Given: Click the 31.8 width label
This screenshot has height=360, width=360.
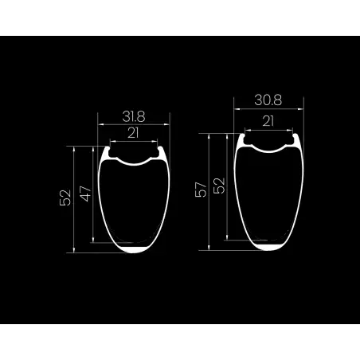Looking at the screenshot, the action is (x=134, y=116).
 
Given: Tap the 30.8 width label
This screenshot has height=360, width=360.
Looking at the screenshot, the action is (x=268, y=100).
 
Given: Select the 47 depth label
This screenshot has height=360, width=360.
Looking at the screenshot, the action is (x=86, y=194).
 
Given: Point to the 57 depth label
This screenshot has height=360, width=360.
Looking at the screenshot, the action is (x=201, y=190).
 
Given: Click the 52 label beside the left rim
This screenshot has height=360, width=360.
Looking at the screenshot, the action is (x=65, y=198).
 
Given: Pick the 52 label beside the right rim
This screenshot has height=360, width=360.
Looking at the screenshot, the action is (x=219, y=186).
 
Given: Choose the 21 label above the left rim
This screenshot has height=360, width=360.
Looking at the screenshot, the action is (x=133, y=133).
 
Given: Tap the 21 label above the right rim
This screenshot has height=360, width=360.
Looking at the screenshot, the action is (x=268, y=121).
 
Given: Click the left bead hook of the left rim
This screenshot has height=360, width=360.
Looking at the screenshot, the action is (x=108, y=149).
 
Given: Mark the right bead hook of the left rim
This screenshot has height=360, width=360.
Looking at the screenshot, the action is (x=160, y=149).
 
